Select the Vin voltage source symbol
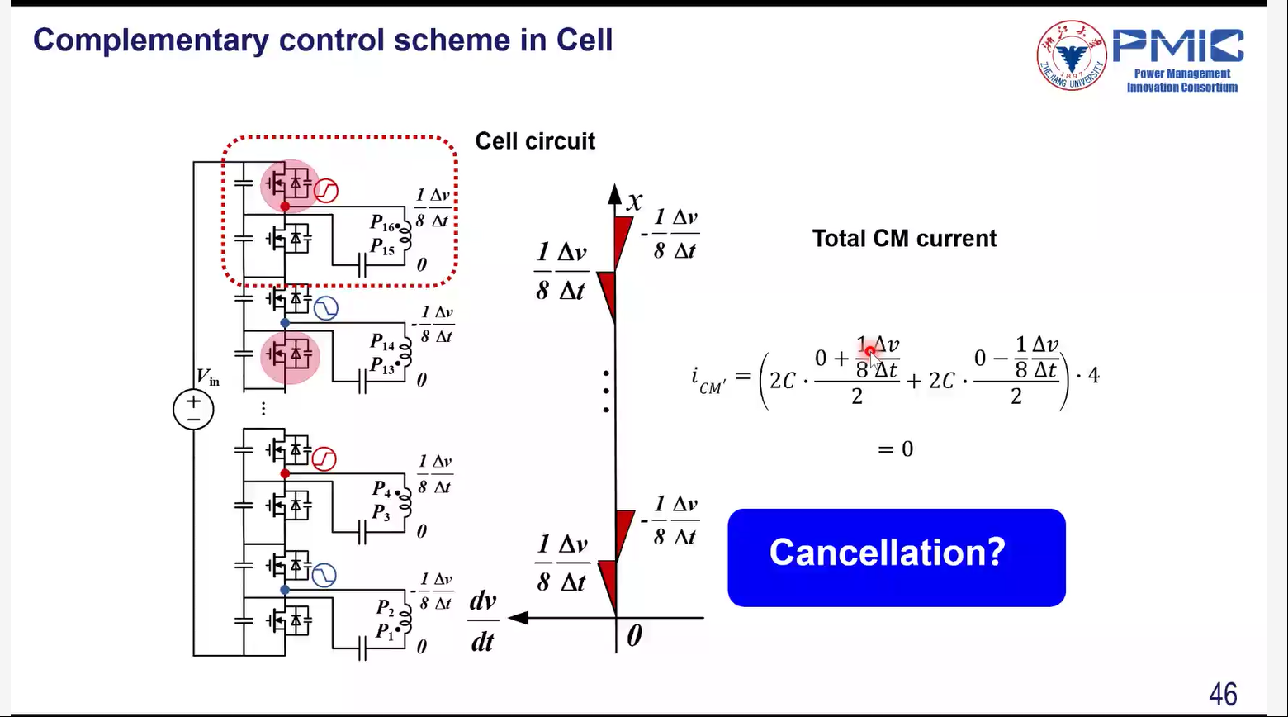(193, 410)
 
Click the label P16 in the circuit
(382, 223)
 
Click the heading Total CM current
(904, 239)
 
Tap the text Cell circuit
(535, 141)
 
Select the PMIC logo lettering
(1178, 46)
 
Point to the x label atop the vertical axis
(633, 201)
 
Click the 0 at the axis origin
(633, 636)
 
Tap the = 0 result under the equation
(895, 449)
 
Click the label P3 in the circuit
(380, 513)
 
